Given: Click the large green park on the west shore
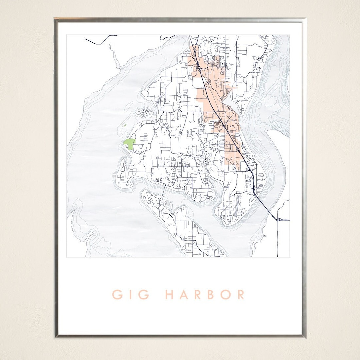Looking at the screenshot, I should coord(129,144).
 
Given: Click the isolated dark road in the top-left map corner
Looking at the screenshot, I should coord(97,41).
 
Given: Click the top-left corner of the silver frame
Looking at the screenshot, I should coord(55,19).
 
